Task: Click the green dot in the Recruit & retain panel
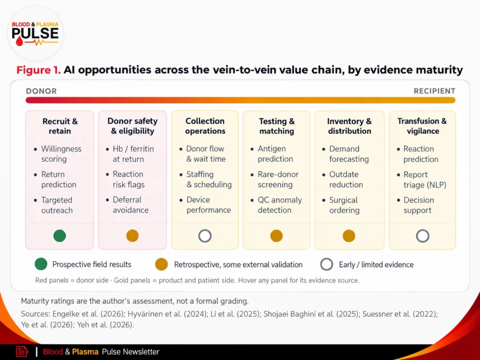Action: point(60,235)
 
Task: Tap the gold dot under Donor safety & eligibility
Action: point(132,235)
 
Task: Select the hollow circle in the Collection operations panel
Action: point(205,235)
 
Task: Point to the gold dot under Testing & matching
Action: point(276,235)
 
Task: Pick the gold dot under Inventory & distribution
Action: point(349,235)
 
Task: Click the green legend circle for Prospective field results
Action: point(41,264)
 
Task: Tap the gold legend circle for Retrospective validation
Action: point(161,264)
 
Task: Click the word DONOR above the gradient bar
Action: point(41,91)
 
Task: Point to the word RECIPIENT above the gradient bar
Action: point(435,91)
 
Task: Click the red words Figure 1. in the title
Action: point(39,70)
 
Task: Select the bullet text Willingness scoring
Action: point(61,154)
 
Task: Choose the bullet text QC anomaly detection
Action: point(280,205)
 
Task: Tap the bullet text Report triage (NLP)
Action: point(424,180)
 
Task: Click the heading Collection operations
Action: point(205,126)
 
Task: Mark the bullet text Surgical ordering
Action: point(344,205)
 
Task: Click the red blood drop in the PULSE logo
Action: point(19,41)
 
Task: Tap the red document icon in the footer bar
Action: point(22,352)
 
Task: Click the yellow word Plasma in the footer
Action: point(85,352)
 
